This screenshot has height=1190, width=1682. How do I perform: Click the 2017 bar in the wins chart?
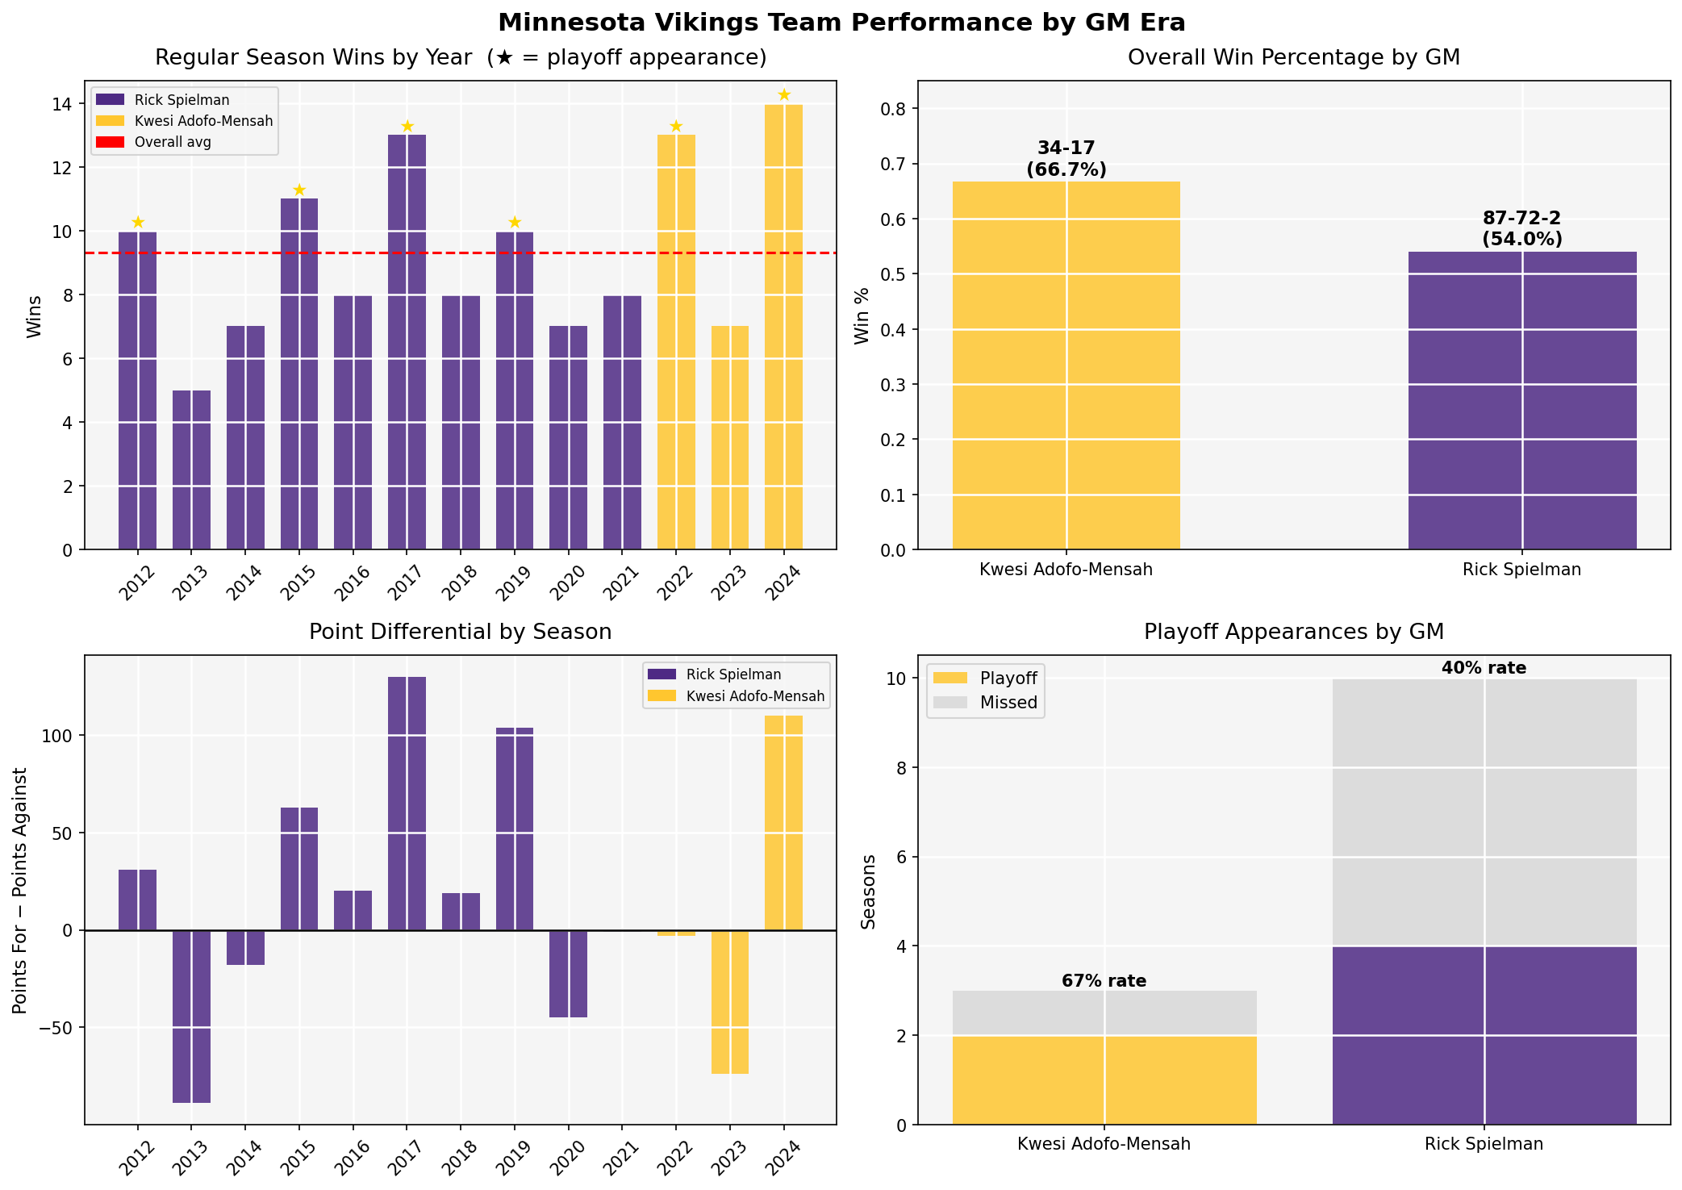407,342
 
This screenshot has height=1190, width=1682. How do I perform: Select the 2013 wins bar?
191,470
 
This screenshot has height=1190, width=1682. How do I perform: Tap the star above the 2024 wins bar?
783,95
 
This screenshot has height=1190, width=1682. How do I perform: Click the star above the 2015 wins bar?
299,190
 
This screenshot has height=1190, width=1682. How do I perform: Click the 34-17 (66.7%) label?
1066,159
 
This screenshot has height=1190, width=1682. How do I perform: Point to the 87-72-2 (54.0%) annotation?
1521,229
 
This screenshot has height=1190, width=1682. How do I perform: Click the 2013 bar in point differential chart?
191,1016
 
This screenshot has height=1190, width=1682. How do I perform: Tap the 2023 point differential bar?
730,1002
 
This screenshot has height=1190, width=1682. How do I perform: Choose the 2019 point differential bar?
515,829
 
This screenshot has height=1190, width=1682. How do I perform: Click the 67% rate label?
1104,981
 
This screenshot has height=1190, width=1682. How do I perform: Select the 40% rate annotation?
1484,668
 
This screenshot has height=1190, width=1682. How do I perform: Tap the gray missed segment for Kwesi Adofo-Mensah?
1104,1013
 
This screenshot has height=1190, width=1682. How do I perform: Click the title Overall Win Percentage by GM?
1293,58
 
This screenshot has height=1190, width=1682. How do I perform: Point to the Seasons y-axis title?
869,891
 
